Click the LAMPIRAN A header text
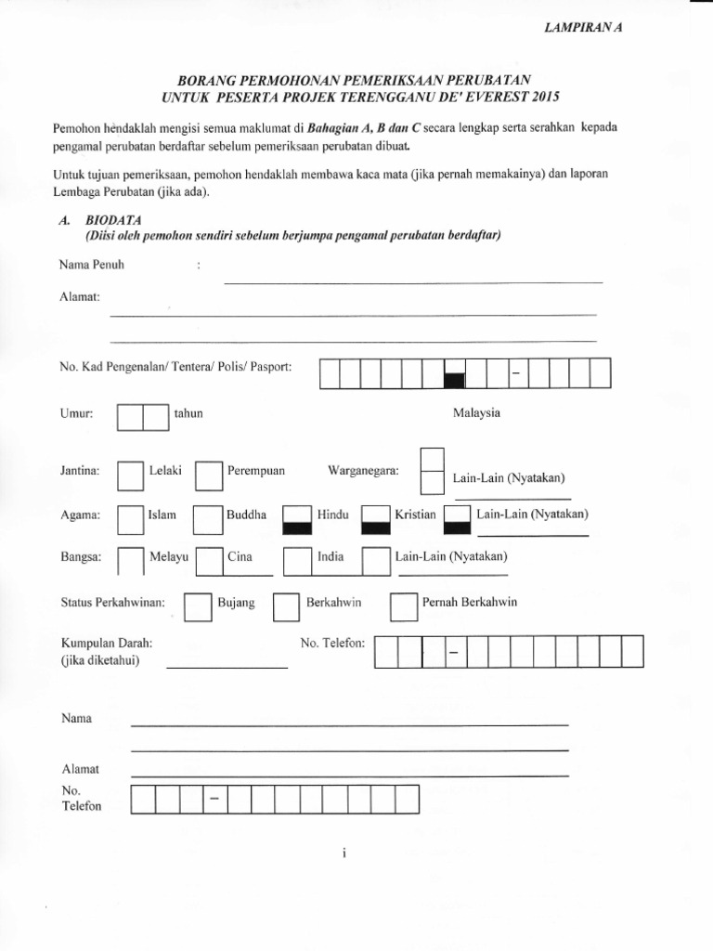(582, 28)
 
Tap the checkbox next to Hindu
(296, 519)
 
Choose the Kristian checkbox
(375, 519)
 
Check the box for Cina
(210, 562)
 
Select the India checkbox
(296, 562)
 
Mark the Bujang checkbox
(198, 606)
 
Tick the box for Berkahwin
(286, 606)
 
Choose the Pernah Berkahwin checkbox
(403, 606)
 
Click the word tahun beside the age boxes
(188, 413)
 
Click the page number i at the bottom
(343, 855)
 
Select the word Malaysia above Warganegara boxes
(476, 413)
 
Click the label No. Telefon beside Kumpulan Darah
(333, 643)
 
